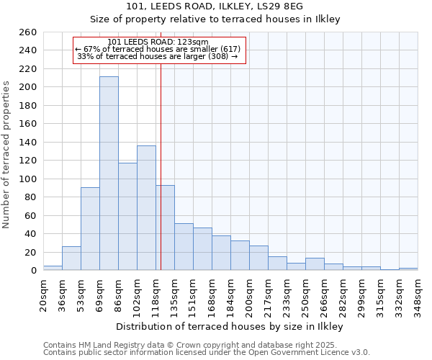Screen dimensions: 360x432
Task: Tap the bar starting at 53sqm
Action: coord(90,229)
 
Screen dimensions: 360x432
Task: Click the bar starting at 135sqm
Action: coord(184,247)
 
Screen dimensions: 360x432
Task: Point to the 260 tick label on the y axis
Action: coord(28,32)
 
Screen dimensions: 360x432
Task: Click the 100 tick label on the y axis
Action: coord(28,179)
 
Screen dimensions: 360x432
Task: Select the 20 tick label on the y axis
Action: coord(31,252)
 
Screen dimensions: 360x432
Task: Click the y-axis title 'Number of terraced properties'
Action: coord(6,155)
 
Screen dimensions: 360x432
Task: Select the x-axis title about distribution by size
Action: coord(230,326)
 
